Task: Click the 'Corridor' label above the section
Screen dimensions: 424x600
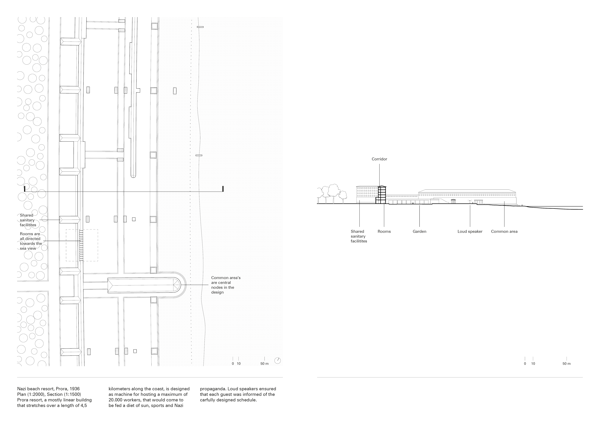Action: pyautogui.click(x=379, y=159)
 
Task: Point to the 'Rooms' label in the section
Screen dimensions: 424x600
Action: pyautogui.click(x=384, y=231)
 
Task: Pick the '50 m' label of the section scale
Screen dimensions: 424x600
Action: pyautogui.click(x=566, y=364)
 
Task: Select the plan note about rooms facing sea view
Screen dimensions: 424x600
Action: pyautogui.click(x=31, y=241)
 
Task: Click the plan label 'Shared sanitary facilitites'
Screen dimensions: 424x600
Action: pyautogui.click(x=28, y=220)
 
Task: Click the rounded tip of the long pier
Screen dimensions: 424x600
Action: pyautogui.click(x=133, y=176)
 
